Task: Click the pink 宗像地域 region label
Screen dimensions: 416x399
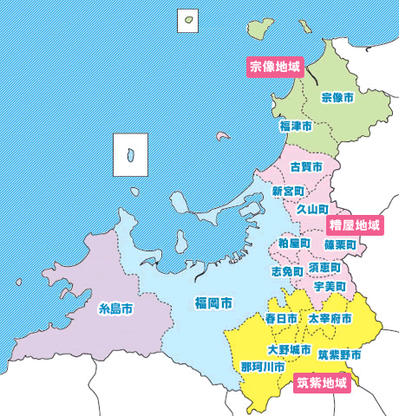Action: coord(274,67)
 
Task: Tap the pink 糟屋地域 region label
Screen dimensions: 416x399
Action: coord(354,226)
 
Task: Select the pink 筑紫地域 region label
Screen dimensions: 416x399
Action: coord(321,382)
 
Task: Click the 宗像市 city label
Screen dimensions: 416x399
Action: coord(337,99)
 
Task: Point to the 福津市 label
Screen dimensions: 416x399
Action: coord(295,127)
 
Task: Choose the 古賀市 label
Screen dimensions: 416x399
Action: coord(306,166)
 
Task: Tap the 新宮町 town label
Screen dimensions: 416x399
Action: coord(288,191)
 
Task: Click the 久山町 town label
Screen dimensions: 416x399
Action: coord(312,210)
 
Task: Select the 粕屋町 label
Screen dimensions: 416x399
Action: coord(294,244)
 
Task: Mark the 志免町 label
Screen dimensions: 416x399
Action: coord(287,271)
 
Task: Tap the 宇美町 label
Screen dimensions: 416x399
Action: coord(330,286)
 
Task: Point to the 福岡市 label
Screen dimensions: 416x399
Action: coord(213,303)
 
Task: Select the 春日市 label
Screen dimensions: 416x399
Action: coord(281,319)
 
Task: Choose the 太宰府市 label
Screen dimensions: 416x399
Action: coord(330,319)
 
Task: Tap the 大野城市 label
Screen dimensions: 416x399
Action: coord(289,350)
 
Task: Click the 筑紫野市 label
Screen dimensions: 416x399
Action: coord(339,354)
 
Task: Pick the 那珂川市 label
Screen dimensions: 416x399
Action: coord(263,367)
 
